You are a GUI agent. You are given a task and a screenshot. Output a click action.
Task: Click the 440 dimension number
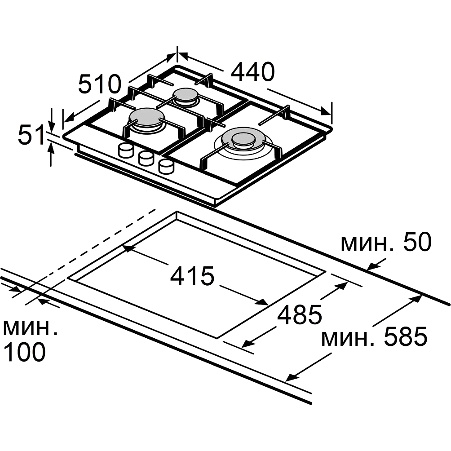(252, 71)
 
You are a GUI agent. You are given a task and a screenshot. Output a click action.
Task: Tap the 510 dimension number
(100, 84)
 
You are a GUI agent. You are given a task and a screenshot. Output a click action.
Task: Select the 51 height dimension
(30, 134)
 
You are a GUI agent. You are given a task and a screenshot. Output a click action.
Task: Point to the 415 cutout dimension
(192, 276)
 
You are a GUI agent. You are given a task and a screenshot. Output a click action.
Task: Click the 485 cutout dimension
(300, 314)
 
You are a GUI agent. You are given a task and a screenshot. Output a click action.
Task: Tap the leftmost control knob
(126, 150)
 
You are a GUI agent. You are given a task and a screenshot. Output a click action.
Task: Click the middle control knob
(146, 158)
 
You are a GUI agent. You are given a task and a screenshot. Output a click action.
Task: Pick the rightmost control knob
(166, 167)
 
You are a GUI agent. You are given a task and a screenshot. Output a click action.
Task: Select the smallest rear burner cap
(186, 95)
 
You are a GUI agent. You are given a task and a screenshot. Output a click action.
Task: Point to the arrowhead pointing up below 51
(51, 148)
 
